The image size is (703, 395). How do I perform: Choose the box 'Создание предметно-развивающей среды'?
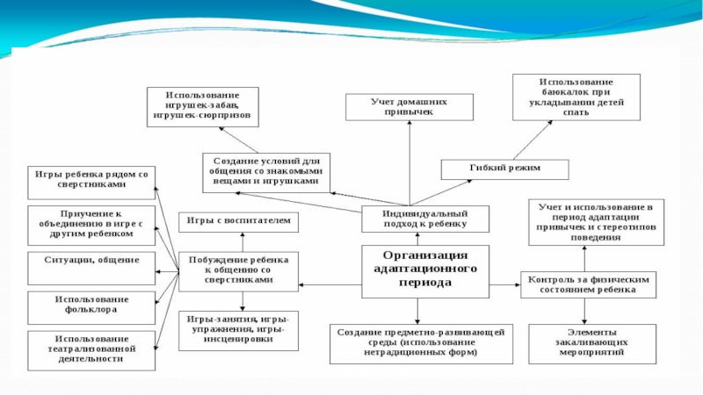pyautogui.click(x=417, y=344)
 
